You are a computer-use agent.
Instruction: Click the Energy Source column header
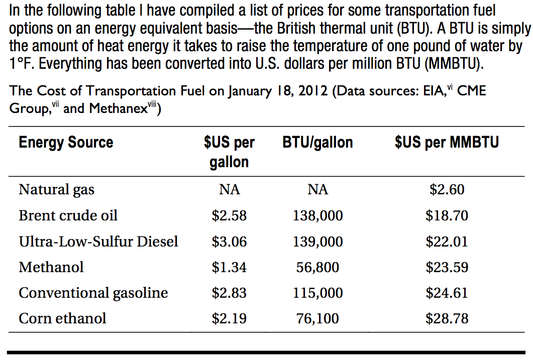pyautogui.click(x=66, y=143)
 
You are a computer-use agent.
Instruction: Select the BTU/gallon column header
pyautogui.click(x=317, y=143)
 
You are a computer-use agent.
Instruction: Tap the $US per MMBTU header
pyautogui.click(x=447, y=143)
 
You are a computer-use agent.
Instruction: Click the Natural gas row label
pyautogui.click(x=56, y=190)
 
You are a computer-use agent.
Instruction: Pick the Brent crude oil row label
pyautogui.click(x=68, y=216)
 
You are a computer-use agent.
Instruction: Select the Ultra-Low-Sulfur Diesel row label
pyautogui.click(x=98, y=242)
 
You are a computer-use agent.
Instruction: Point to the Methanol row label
pyautogui.click(x=51, y=267)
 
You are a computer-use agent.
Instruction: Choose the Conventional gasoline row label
pyautogui.click(x=93, y=293)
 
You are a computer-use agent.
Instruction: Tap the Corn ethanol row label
pyautogui.click(x=63, y=318)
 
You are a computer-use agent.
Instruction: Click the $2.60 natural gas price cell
pyautogui.click(x=447, y=190)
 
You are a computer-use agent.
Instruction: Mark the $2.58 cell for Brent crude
pyautogui.click(x=229, y=216)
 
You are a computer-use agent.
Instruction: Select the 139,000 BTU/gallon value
pyautogui.click(x=317, y=242)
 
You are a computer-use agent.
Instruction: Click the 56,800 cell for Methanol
pyautogui.click(x=317, y=267)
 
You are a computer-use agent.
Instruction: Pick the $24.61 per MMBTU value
pyautogui.click(x=447, y=293)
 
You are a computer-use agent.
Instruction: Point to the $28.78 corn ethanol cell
pyautogui.click(x=447, y=318)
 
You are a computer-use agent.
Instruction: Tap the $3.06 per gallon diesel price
pyautogui.click(x=229, y=242)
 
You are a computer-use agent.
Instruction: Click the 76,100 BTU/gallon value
pyautogui.click(x=317, y=318)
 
